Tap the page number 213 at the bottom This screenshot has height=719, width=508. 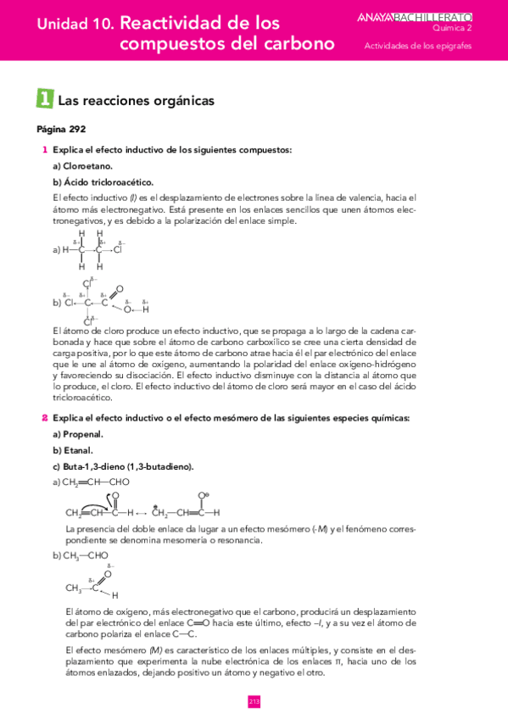[x=254, y=701]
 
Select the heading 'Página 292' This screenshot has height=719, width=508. [x=61, y=130]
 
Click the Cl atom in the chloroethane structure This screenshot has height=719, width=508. [x=118, y=250]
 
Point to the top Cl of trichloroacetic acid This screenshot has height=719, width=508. [x=87, y=283]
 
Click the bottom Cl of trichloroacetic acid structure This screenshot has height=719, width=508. [x=87, y=320]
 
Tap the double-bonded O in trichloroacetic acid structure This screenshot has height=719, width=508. [x=120, y=288]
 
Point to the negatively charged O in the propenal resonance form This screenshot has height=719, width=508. [x=201, y=495]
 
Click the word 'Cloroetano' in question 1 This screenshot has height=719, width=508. [x=87, y=166]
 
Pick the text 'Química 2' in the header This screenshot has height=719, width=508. [x=475, y=27]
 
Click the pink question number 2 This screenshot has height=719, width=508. [x=44, y=418]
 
